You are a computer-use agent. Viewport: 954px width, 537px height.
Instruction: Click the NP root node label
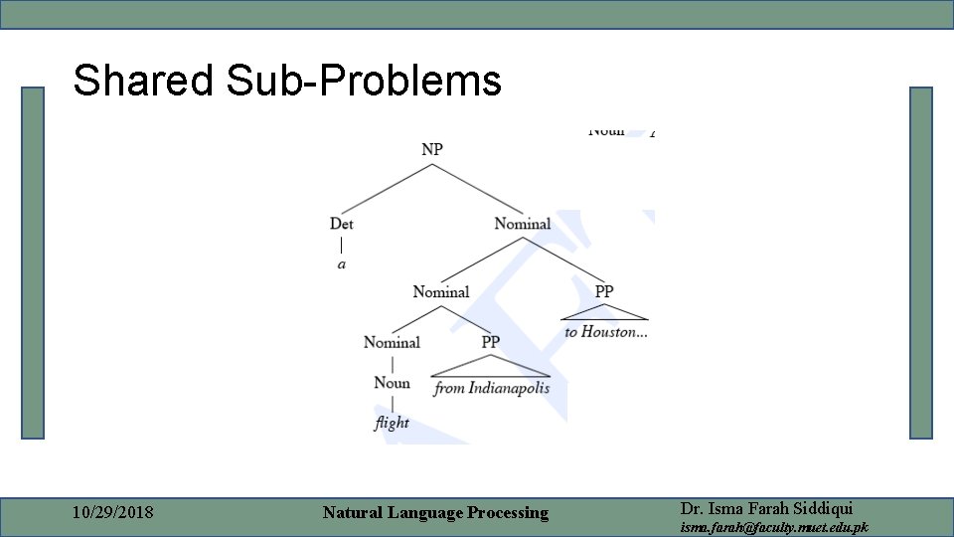[x=432, y=149]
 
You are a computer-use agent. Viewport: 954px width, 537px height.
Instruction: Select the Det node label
[x=342, y=224]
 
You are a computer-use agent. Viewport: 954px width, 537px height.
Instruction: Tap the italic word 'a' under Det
[x=342, y=265]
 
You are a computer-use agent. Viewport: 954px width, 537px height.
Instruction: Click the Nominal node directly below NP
[x=522, y=224]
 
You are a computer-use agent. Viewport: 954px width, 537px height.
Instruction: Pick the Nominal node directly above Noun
[x=392, y=342]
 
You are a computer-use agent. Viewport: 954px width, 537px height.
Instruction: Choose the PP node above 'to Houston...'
[x=604, y=291]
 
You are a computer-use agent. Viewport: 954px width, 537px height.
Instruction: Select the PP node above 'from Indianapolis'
[x=491, y=342]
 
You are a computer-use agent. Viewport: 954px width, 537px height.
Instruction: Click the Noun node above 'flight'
[x=392, y=383]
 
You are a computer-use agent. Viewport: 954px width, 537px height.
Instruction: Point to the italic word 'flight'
[x=392, y=423]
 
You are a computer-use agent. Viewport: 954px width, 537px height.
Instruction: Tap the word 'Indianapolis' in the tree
[x=509, y=388]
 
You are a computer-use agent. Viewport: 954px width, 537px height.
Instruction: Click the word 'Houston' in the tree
[x=614, y=332]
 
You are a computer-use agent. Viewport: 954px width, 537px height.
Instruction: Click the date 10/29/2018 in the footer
[x=113, y=513]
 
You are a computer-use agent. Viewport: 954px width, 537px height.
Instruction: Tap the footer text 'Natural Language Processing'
[x=435, y=513]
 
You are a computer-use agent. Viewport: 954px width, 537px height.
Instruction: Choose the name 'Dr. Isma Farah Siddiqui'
[x=765, y=507]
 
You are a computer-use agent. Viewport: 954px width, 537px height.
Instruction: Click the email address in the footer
[x=773, y=527]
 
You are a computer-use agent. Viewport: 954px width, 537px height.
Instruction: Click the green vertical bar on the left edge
[x=34, y=263]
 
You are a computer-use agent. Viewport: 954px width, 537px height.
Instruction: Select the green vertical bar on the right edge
[x=920, y=263]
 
